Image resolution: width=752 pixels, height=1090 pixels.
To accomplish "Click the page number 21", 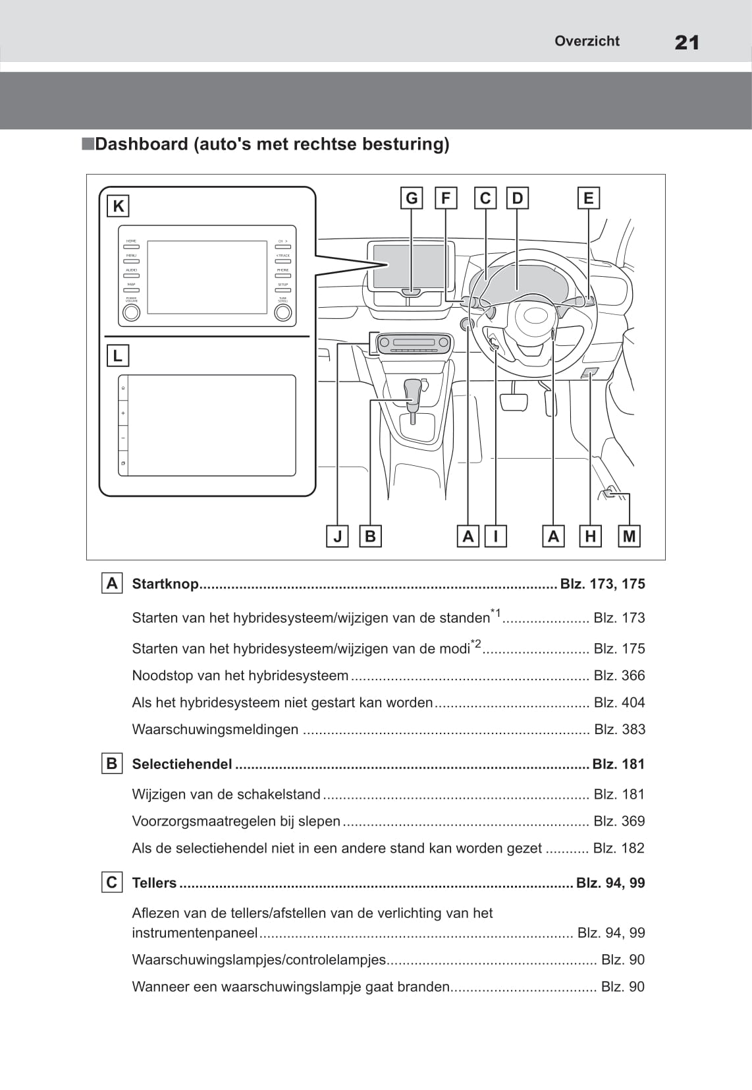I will [686, 43].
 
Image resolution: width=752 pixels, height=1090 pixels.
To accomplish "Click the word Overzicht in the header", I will [586, 41].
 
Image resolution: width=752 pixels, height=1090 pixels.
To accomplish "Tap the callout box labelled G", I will [412, 198].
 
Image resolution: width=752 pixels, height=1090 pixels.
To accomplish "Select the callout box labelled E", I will [588, 198].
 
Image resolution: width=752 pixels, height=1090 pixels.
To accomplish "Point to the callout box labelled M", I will [630, 536].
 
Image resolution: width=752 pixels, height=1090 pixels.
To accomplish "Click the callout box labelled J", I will [337, 536].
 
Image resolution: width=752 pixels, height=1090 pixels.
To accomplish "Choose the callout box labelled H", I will [590, 536].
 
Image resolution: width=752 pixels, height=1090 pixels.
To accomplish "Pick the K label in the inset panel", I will [118, 206].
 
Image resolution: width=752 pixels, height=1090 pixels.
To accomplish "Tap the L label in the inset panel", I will [118, 356].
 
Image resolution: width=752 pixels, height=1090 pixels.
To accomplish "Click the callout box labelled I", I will [495, 536].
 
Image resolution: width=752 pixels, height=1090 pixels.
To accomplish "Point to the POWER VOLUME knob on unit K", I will [132, 312].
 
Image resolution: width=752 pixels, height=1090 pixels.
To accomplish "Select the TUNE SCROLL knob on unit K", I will [282, 312].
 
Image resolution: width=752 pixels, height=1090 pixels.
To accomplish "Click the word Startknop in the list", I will [165, 584].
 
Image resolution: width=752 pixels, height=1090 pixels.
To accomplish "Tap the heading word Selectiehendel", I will [182, 764].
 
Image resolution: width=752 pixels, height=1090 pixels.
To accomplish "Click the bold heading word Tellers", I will [154, 883].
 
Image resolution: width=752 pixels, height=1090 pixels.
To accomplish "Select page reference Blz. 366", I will [619, 675].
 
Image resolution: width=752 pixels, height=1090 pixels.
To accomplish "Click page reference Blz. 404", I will [619, 703].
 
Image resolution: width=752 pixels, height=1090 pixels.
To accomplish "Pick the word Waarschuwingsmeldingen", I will [215, 730].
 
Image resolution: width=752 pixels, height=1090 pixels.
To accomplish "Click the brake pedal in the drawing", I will [514, 401].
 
